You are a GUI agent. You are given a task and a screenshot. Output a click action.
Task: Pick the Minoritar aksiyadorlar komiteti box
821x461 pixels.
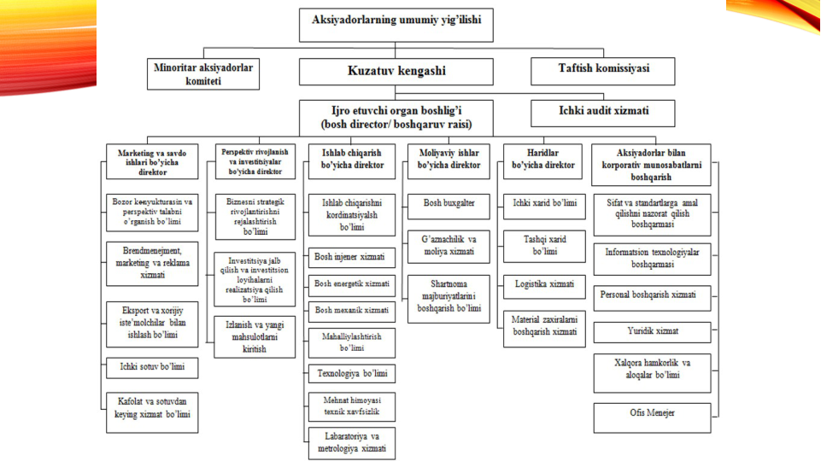[x=203, y=73]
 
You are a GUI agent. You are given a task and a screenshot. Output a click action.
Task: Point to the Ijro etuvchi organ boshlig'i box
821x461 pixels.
[x=396, y=117]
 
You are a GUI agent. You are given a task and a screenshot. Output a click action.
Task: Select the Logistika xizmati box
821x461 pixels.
[x=544, y=283]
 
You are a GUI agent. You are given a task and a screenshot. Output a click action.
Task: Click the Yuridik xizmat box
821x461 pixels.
[x=652, y=329]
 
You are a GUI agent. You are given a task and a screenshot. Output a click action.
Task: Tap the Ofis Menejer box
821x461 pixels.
[x=652, y=413]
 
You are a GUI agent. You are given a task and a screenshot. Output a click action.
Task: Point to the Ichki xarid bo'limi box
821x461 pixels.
[x=544, y=203]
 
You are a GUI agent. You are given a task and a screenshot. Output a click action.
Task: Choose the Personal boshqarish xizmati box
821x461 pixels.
[x=652, y=295]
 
